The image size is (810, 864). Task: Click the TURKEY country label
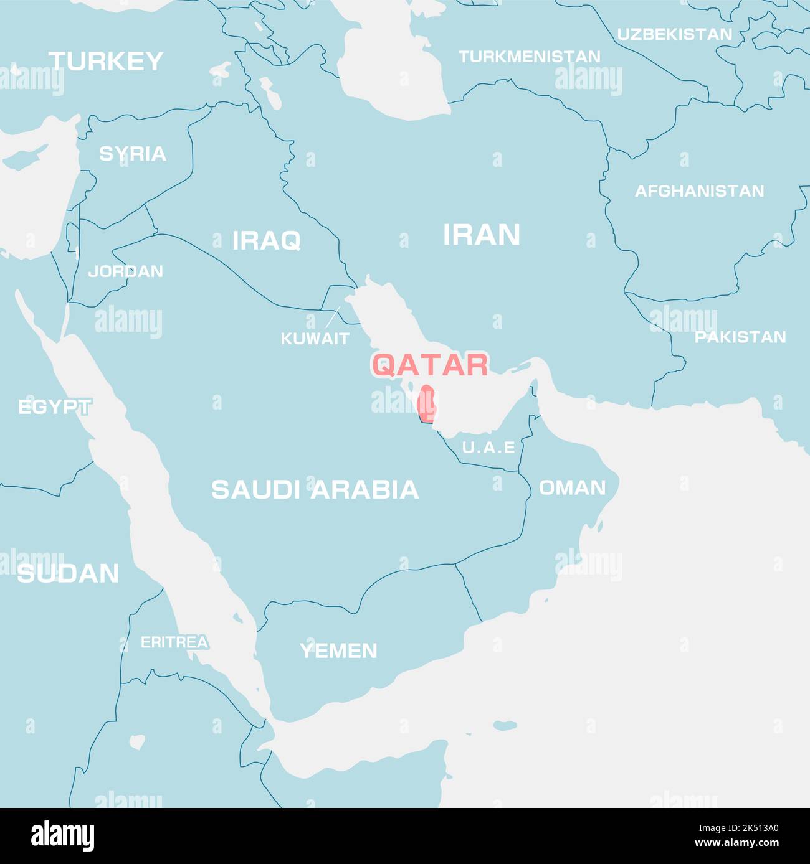coord(106,61)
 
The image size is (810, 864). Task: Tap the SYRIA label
coord(133,154)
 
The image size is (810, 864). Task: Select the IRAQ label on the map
coord(266,240)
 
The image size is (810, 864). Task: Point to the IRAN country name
coord(481,235)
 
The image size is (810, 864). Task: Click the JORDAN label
coord(125,271)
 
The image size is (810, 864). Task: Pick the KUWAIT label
coord(315,339)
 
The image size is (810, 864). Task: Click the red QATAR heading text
coord(430,365)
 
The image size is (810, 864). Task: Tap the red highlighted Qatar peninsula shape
coord(426,405)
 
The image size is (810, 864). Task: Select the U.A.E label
coord(488,448)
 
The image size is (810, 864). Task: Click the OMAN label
coord(572,487)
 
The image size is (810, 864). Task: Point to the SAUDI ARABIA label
coord(315,490)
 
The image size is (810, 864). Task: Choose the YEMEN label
coord(338,651)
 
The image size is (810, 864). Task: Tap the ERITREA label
coord(174,642)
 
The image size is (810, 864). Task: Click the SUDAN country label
coord(68,573)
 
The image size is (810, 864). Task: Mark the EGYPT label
coord(54,408)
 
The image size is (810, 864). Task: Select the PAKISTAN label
coord(740,337)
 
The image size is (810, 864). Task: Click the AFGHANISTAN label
coord(699,191)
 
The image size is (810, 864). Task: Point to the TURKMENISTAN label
coord(529,57)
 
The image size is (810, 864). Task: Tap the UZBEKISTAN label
coord(674,34)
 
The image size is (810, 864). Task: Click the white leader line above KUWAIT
coord(333,316)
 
